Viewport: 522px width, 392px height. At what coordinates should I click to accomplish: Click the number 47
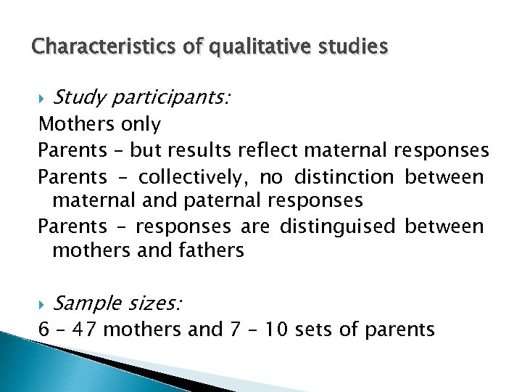89,330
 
